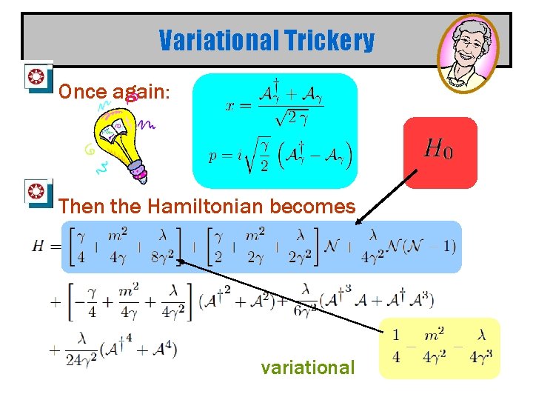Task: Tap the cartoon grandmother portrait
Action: (x=467, y=51)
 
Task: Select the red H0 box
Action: (x=440, y=152)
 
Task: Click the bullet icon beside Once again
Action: (x=35, y=77)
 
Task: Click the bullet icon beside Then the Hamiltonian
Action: (x=35, y=193)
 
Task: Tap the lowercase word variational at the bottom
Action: (x=307, y=367)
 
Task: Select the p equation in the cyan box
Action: (x=280, y=154)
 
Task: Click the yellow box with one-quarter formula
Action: (x=440, y=347)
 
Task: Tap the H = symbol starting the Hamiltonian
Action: (x=43, y=247)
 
